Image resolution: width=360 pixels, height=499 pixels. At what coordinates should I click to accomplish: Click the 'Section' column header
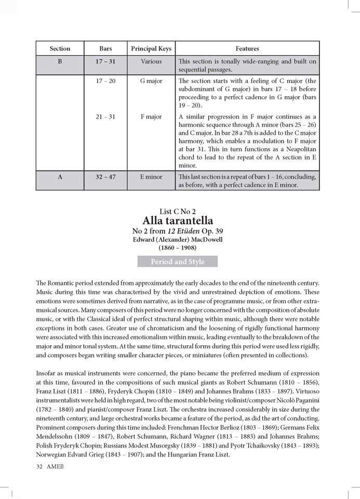point(60,49)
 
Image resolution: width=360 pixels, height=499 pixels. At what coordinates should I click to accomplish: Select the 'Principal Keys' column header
point(151,49)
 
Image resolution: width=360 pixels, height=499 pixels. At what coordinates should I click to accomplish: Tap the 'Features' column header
point(247,49)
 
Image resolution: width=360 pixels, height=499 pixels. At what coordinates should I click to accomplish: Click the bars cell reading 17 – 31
point(105,61)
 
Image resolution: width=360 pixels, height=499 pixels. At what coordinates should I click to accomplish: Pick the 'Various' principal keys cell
point(151,61)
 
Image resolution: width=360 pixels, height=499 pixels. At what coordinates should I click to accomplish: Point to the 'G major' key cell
point(151,82)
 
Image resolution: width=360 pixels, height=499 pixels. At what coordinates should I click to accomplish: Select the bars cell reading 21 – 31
point(105,117)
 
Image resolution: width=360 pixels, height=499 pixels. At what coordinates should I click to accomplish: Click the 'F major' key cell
point(151,117)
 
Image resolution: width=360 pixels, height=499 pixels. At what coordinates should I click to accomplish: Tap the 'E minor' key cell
point(151,177)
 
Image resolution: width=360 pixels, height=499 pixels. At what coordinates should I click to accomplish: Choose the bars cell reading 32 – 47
point(105,177)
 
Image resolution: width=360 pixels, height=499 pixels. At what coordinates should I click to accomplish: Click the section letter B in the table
point(60,61)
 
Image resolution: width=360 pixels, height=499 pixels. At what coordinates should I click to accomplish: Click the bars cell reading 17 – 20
point(105,82)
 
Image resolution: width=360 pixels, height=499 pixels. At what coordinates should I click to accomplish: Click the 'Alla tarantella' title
point(178,221)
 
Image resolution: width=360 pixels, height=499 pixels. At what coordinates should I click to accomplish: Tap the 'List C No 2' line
point(178,211)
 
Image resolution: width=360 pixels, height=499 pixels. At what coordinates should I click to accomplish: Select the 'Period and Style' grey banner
point(178,262)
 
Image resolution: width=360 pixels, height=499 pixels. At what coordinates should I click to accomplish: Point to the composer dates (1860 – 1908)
point(178,248)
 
